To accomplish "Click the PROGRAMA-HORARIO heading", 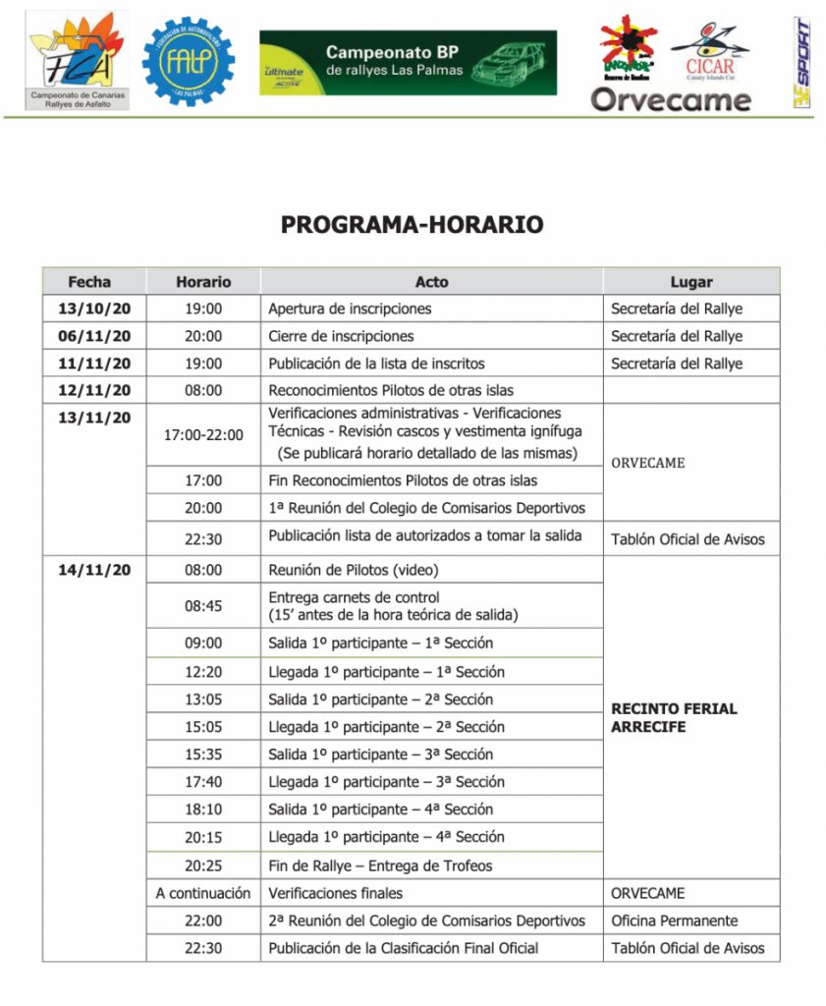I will pyautogui.click(x=412, y=225).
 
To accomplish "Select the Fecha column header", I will pyautogui.click(x=89, y=282).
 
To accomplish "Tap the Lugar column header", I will pyautogui.click(x=690, y=282).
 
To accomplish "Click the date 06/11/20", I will pyautogui.click(x=94, y=336).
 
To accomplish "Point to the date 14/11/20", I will pyautogui.click(x=94, y=570).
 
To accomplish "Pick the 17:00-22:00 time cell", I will pyautogui.click(x=203, y=434).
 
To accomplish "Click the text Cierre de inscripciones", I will pyautogui.click(x=341, y=336).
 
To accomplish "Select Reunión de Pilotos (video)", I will pyautogui.click(x=354, y=570).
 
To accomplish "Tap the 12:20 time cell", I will pyautogui.click(x=203, y=672).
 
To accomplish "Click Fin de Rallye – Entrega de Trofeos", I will pyautogui.click(x=380, y=866).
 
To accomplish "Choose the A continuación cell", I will pyautogui.click(x=203, y=893).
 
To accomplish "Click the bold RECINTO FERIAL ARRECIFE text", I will pyautogui.click(x=674, y=717).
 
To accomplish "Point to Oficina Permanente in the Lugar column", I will pyautogui.click(x=674, y=921).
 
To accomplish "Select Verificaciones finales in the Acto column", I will pyautogui.click(x=335, y=893).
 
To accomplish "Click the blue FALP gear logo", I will pyautogui.click(x=189, y=61).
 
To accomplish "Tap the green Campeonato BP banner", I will pyautogui.click(x=408, y=62).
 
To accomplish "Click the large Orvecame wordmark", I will pyautogui.click(x=671, y=99).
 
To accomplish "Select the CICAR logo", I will pyautogui.click(x=710, y=49).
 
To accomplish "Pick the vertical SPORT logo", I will pyautogui.click(x=802, y=61).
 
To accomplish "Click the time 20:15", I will pyautogui.click(x=203, y=837).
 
